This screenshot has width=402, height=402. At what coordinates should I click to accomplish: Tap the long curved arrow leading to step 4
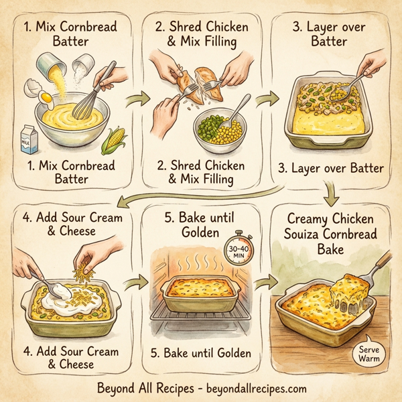pyautogui.click(x=201, y=194)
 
